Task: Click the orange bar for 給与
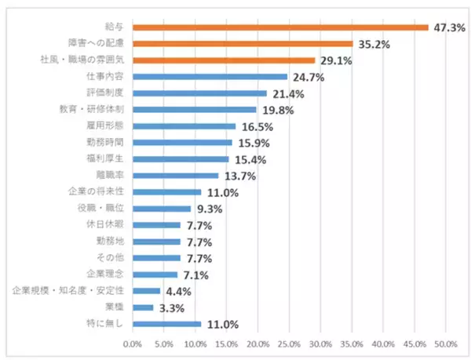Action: (280, 27)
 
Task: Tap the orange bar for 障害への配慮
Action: (243, 44)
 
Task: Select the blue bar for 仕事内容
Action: (210, 77)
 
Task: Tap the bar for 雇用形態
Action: (184, 126)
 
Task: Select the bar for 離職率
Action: (175, 176)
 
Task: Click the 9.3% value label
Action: (210, 209)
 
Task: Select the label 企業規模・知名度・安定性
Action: (69, 291)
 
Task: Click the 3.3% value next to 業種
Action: (172, 308)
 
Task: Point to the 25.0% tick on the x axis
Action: (289, 344)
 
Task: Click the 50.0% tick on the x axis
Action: (446, 344)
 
